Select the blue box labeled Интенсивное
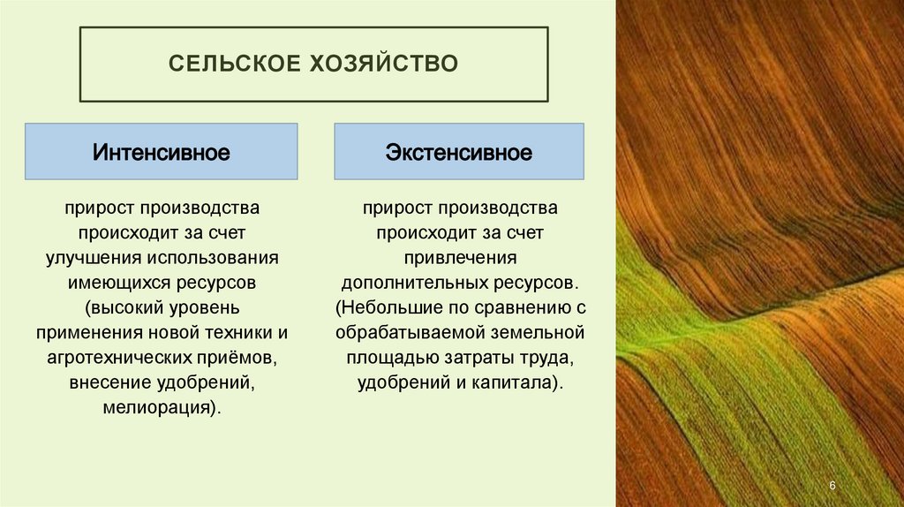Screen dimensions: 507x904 pos(162,153)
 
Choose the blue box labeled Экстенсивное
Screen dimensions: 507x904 pos(459,153)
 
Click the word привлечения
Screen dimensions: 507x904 pos(459,259)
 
